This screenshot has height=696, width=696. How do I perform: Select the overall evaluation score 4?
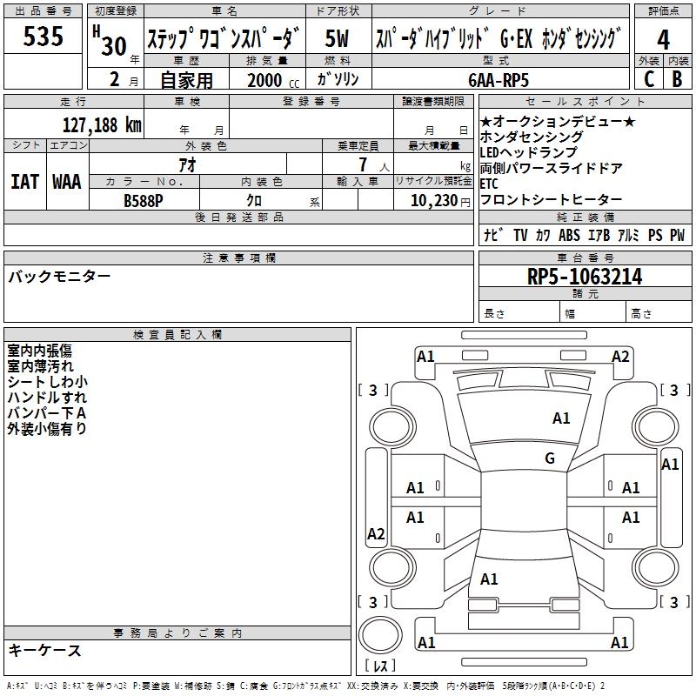click(x=664, y=40)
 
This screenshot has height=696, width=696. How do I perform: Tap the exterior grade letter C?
click(x=648, y=78)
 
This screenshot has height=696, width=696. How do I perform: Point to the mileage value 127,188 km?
click(x=102, y=124)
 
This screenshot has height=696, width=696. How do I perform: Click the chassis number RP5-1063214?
click(x=585, y=277)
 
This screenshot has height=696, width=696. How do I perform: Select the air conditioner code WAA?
click(x=67, y=182)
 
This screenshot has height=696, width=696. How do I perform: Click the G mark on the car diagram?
click(x=550, y=458)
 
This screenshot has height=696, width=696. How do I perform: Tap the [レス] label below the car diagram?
click(x=381, y=666)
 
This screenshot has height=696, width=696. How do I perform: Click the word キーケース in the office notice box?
click(x=44, y=651)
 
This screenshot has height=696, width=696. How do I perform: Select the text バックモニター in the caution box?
click(x=59, y=277)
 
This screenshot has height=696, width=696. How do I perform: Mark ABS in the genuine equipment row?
click(x=569, y=235)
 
